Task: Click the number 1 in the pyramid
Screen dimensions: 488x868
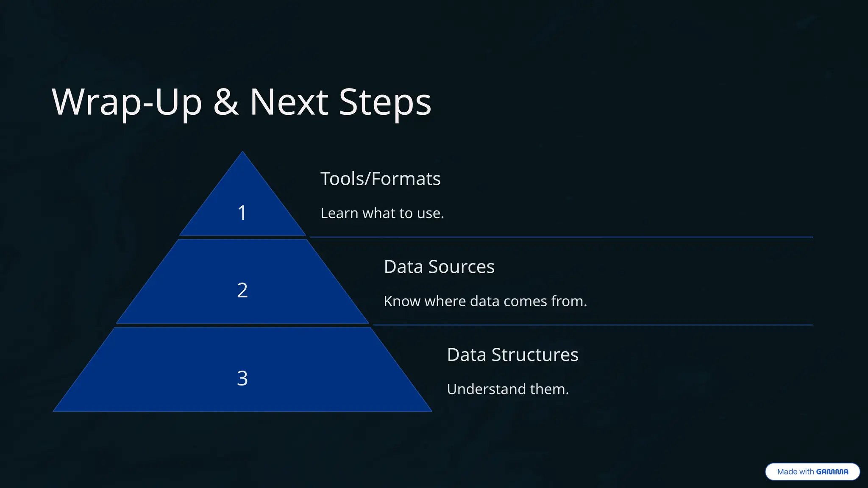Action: click(x=242, y=213)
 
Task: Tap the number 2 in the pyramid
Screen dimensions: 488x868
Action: click(x=242, y=291)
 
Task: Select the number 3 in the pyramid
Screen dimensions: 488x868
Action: click(x=242, y=378)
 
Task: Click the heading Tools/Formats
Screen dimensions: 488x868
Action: click(x=380, y=179)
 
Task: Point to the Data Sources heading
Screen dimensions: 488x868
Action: click(x=439, y=267)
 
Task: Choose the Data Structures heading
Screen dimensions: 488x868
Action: click(x=512, y=355)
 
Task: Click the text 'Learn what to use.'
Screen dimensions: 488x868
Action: click(x=382, y=213)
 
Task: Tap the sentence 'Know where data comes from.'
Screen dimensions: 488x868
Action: click(x=485, y=301)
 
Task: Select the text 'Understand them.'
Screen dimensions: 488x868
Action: click(x=508, y=389)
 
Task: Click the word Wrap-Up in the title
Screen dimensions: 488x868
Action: click(x=127, y=102)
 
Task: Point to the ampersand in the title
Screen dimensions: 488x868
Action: click(x=226, y=102)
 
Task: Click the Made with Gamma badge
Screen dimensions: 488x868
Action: click(x=812, y=471)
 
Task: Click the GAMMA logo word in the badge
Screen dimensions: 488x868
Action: click(x=832, y=471)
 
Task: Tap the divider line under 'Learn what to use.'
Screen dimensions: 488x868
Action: click(x=561, y=237)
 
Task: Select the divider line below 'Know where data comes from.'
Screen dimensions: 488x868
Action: click(x=593, y=325)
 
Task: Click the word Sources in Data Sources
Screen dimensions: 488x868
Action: click(x=461, y=267)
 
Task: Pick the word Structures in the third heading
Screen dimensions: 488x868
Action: click(x=535, y=355)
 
